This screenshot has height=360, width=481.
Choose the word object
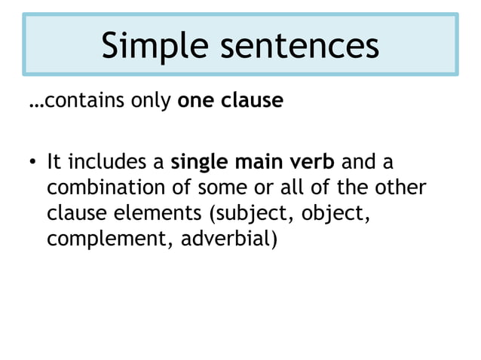click(333, 214)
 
